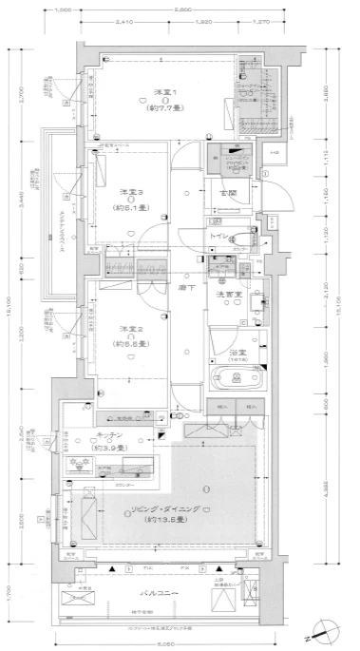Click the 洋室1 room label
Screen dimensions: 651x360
tap(164, 92)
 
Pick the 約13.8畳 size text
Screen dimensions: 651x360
tap(164, 522)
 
